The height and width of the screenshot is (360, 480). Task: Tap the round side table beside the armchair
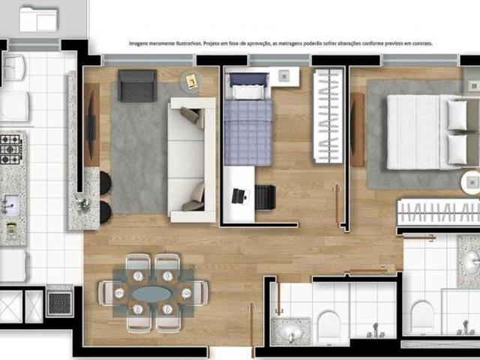pos(189,82)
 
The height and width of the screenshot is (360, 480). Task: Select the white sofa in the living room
pos(191,159)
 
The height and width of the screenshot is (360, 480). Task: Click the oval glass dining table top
pos(153,292)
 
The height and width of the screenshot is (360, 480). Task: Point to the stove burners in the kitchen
pos(10,148)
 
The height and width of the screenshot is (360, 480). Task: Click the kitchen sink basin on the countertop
pos(10,204)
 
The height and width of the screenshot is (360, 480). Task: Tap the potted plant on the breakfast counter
pos(83,202)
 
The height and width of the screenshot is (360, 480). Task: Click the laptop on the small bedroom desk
pos(238,196)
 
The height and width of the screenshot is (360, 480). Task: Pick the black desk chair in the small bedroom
pos(265,197)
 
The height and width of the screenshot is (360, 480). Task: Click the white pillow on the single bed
pos(247,91)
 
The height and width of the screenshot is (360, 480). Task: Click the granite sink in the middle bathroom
pos(289,331)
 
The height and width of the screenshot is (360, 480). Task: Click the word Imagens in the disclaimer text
pos(140,43)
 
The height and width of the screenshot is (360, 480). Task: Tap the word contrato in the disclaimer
pos(421,43)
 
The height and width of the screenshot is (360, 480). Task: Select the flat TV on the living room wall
pos(91,124)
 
